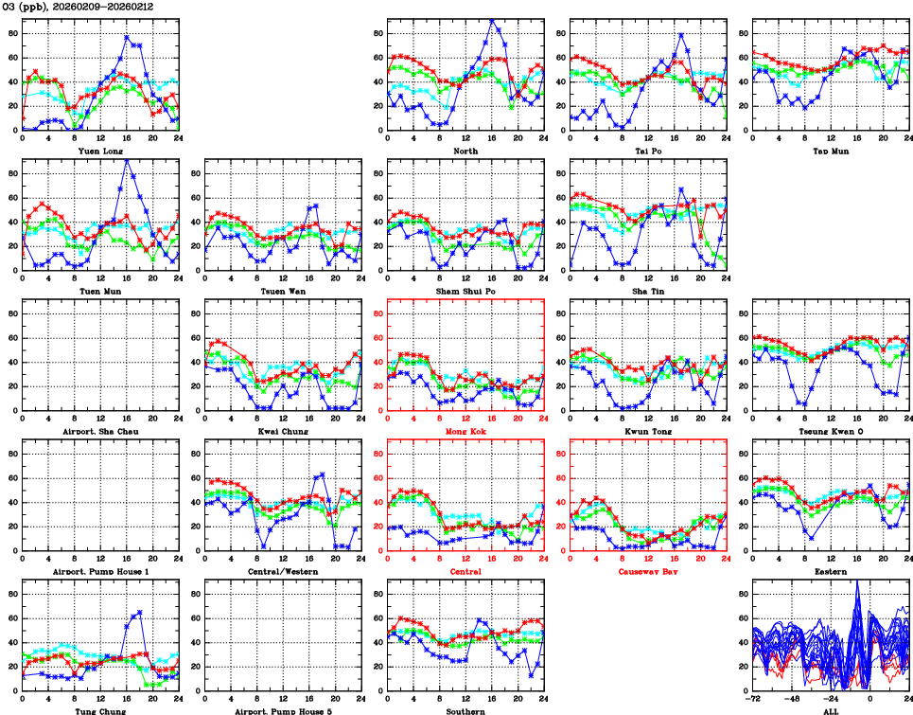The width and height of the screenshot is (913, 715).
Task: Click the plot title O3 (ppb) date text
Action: pyautogui.click(x=78, y=7)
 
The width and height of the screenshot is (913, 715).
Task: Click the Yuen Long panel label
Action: pyautogui.click(x=99, y=150)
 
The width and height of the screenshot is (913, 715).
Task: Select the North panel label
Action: pyautogui.click(x=465, y=150)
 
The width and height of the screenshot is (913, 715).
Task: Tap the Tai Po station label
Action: pyautogui.click(x=648, y=150)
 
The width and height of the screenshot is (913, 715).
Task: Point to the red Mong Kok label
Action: pyautogui.click(x=465, y=431)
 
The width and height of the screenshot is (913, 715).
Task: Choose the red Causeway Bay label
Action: pyautogui.click(x=648, y=571)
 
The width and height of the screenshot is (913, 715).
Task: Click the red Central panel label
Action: pyautogui.click(x=465, y=571)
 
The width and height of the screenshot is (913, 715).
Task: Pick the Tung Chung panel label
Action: pyautogui.click(x=99, y=711)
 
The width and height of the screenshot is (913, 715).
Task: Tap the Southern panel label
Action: pyautogui.click(x=465, y=711)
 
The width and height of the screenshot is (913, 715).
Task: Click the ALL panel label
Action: pyautogui.click(x=831, y=711)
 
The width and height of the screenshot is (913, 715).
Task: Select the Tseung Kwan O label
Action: pyautogui.click(x=831, y=431)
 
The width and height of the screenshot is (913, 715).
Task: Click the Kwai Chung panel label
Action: pyautogui.click(x=282, y=431)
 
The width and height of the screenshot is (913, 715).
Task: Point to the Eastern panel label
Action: pyautogui.click(x=831, y=571)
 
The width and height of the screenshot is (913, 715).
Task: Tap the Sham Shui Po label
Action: pyautogui.click(x=465, y=290)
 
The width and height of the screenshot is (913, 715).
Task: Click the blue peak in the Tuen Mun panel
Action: pyautogui.click(x=128, y=160)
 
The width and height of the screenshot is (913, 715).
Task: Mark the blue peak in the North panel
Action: pyautogui.click(x=492, y=21)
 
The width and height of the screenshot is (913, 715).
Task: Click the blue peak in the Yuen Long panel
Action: pyautogui.click(x=128, y=37)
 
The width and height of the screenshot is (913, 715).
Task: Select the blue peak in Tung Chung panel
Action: pyautogui.click(x=140, y=612)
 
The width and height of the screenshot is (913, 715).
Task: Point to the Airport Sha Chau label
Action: pyautogui.click(x=99, y=431)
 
